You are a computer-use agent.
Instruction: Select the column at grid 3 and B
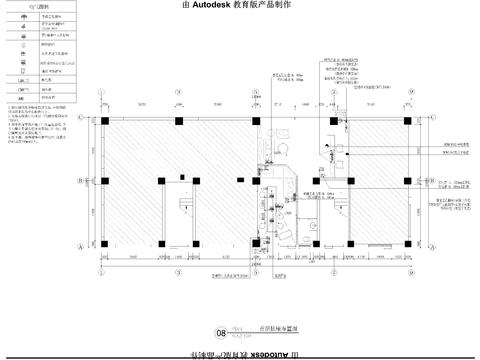pyautogui.click(x=256, y=181)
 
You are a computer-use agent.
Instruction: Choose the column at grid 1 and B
pyautogui.click(x=105, y=181)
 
